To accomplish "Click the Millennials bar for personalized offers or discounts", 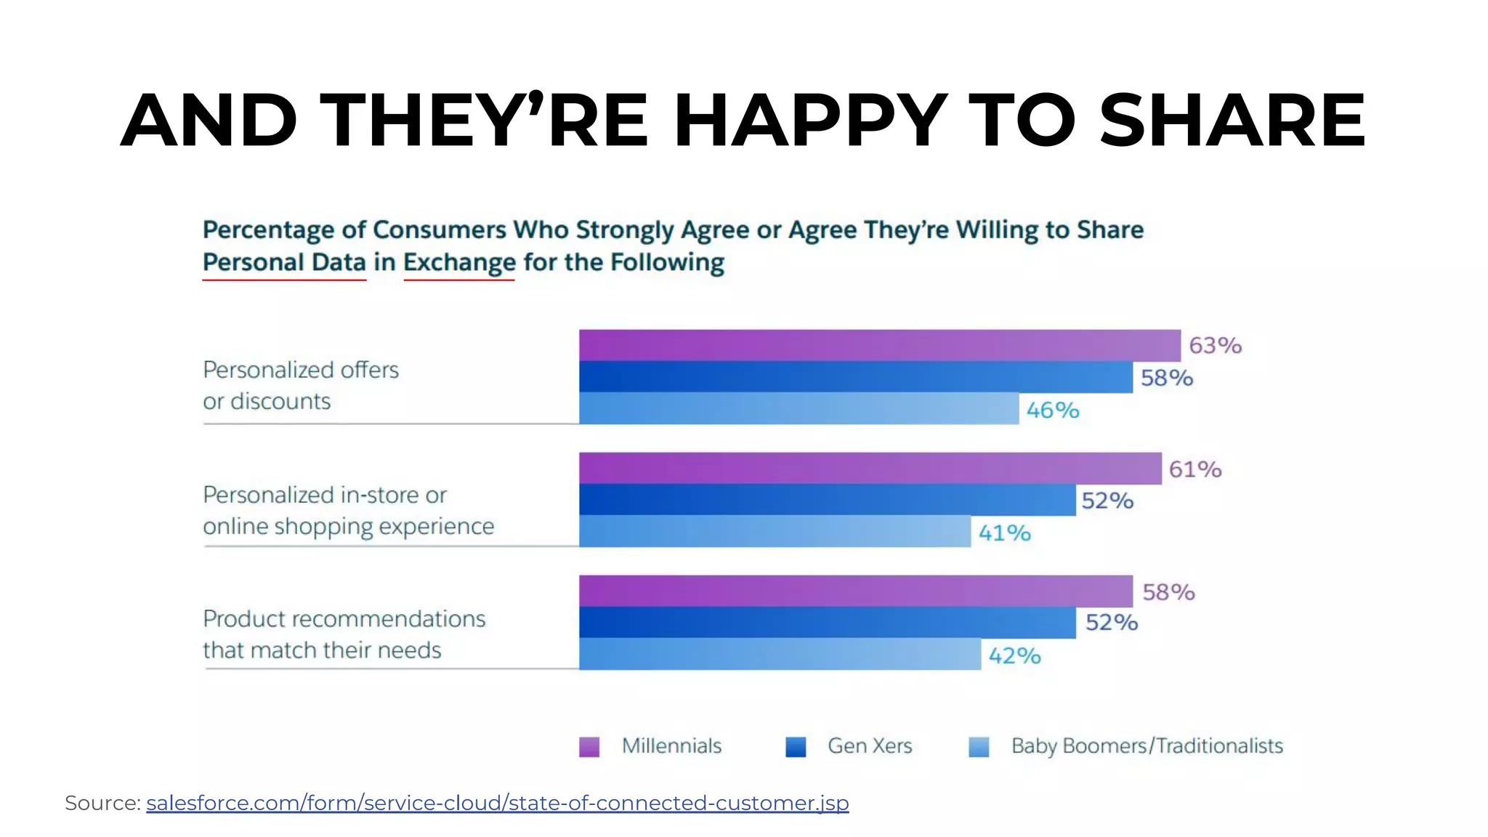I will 879,345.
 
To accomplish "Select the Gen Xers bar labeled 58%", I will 855,376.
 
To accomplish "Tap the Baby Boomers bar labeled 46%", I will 798,408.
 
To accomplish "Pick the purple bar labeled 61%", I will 870,468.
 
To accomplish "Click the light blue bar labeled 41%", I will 775,531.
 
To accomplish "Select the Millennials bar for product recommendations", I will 855,591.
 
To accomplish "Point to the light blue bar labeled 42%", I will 780,654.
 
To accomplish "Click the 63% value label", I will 1215,345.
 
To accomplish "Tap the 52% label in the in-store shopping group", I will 1107,501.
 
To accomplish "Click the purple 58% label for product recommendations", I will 1168,592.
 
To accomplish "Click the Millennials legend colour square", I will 589,747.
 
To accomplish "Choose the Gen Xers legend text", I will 869,746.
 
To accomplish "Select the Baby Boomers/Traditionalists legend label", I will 1147,746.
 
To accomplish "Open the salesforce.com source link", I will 497,803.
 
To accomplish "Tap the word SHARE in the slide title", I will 1232,120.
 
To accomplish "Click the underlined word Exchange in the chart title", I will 459,262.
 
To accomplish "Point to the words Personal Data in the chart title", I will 284,262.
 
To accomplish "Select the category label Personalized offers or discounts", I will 300,385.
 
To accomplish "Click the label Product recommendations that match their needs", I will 344,634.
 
